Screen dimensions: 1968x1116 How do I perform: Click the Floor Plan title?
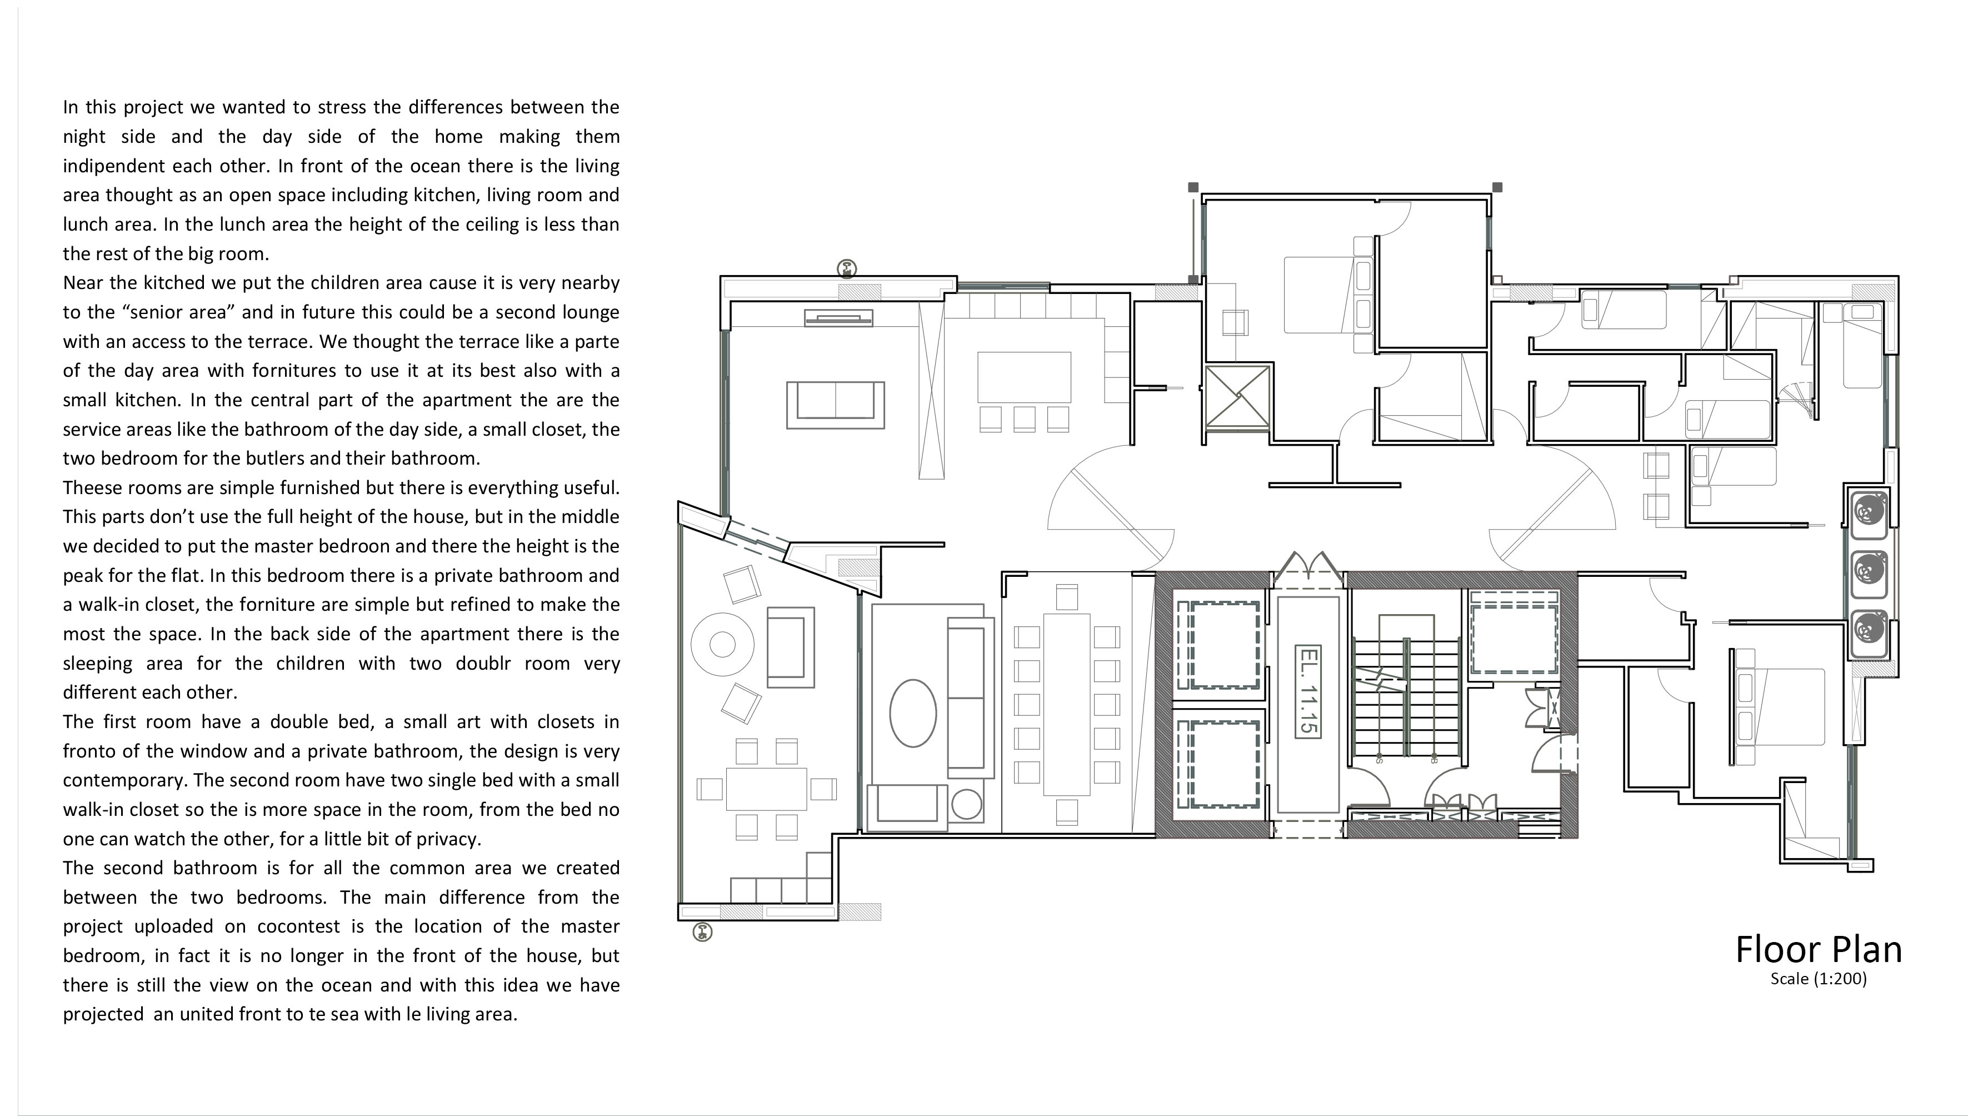tap(1818, 950)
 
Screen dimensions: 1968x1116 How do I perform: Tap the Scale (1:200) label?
tap(1819, 979)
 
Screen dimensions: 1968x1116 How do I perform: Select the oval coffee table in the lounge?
tap(912, 713)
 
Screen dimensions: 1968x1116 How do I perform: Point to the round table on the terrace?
tap(722, 645)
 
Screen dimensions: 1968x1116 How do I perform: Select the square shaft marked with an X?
tap(1238, 396)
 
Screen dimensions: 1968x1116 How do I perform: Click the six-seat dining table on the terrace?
tap(766, 789)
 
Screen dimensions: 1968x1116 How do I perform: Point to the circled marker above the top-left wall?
tap(847, 268)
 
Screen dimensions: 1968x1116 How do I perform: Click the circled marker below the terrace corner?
tap(702, 932)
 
